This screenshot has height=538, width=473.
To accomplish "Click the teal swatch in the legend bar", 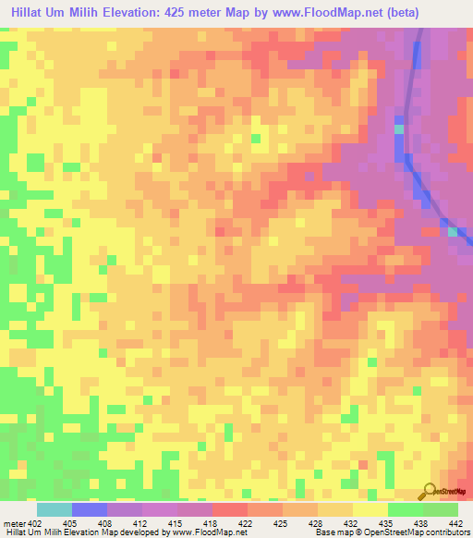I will (x=54, y=509).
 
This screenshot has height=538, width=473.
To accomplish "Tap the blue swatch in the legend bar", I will (x=89, y=509).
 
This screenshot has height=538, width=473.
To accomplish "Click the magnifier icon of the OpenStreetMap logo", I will (x=428, y=492).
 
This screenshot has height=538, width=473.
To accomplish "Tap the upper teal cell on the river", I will (x=399, y=129).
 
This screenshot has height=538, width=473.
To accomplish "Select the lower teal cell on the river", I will (x=453, y=231).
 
